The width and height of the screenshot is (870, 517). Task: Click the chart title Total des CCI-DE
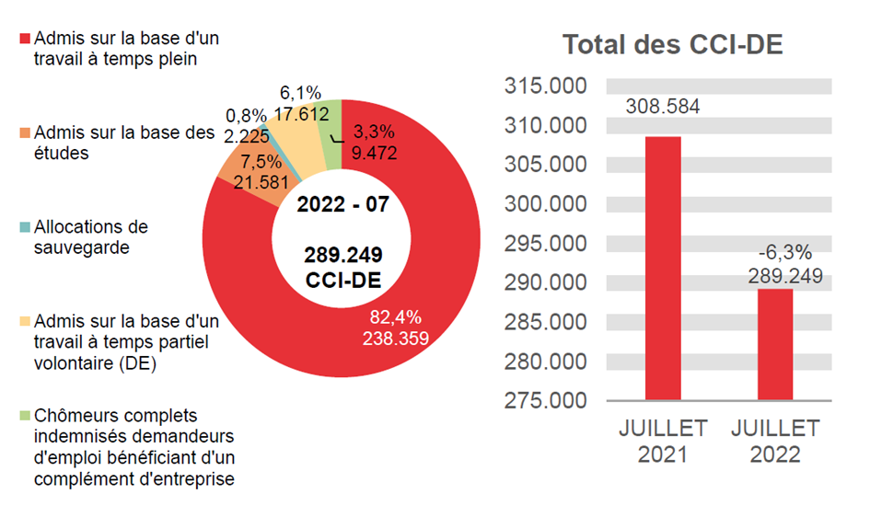coord(673,44)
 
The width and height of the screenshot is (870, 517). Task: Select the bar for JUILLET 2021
coord(663,268)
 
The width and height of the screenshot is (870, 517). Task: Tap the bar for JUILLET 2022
coord(774,344)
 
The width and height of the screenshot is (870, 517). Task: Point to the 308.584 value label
coord(663,107)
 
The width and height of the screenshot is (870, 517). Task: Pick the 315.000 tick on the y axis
coord(546,86)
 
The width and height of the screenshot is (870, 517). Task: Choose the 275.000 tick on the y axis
coord(546,400)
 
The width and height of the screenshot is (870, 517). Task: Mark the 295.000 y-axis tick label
coord(546,244)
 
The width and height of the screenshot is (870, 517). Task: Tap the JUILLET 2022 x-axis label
coord(774,442)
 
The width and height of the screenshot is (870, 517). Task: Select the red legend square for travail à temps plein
coord(24,40)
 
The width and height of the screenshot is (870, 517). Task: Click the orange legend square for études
coord(24,134)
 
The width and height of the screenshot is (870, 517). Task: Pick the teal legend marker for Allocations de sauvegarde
coord(24,227)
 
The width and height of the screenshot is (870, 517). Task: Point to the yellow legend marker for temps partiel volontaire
coord(24,322)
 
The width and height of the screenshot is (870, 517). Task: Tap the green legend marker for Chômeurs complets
coord(24,416)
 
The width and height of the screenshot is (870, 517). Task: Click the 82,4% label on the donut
coord(395,317)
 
